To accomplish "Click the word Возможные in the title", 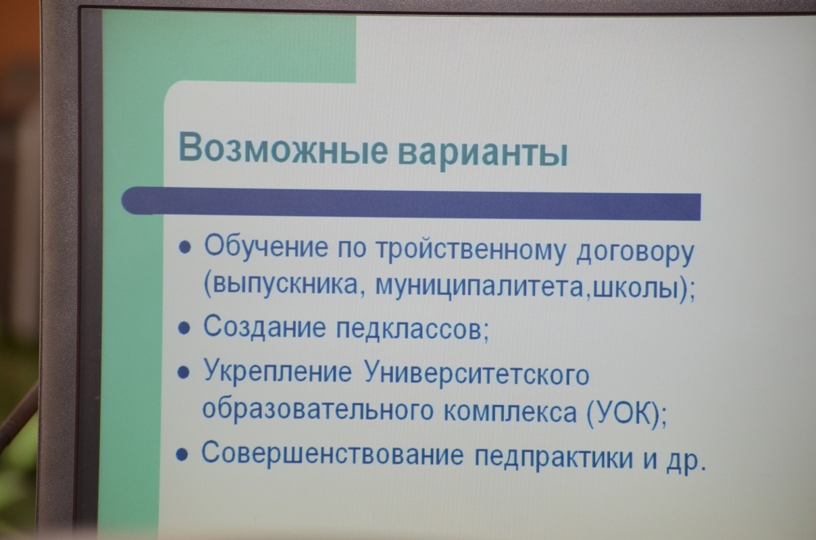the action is pos(283,149).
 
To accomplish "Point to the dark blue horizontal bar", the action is pos(411,203).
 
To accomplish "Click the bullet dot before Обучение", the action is pos(184,248).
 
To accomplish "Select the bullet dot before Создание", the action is pos(184,329).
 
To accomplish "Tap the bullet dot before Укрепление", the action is pos(183,373).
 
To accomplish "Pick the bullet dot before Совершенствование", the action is pos(182,454).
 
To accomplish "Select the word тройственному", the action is pos(471,250).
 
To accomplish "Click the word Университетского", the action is pos(476,375).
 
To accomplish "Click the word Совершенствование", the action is pos(332,454).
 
